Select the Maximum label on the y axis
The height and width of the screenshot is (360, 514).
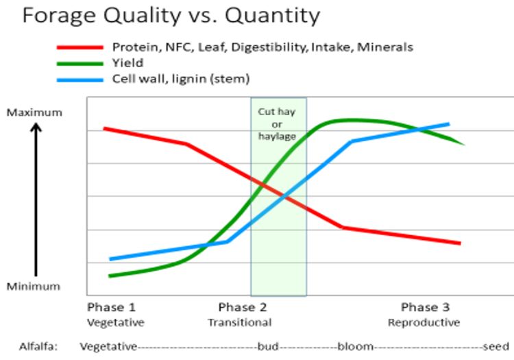pyautogui.click(x=34, y=112)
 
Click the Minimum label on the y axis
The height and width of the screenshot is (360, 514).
pyautogui.click(x=34, y=287)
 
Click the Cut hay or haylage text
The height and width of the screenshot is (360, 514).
pyautogui.click(x=277, y=123)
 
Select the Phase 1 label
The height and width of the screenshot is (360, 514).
pyautogui.click(x=112, y=307)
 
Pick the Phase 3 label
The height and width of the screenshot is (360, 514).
pyautogui.click(x=425, y=307)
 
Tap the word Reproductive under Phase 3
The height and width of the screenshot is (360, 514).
pyautogui.click(x=424, y=322)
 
